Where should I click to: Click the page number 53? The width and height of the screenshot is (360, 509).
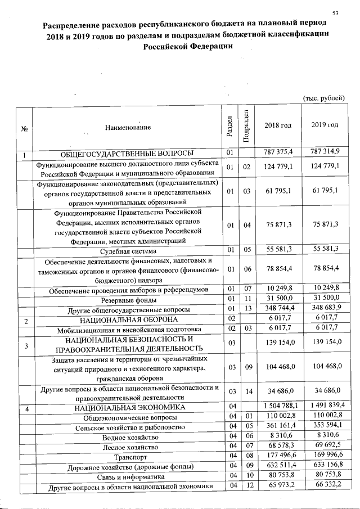335,13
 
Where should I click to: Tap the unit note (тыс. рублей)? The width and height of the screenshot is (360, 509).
323,98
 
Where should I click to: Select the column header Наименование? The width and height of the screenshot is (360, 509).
128,128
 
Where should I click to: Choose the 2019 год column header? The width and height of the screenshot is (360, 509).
325,125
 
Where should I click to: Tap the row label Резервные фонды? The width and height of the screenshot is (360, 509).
128,300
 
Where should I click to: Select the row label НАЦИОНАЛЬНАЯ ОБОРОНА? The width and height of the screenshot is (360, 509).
128,320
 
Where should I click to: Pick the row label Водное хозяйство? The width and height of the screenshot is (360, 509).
128,436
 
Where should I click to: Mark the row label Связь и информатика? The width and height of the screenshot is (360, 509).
128,477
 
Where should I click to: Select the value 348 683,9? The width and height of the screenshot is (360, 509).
325,310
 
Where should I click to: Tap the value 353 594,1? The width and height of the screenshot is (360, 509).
325,427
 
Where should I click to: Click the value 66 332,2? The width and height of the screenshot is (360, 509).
325,487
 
